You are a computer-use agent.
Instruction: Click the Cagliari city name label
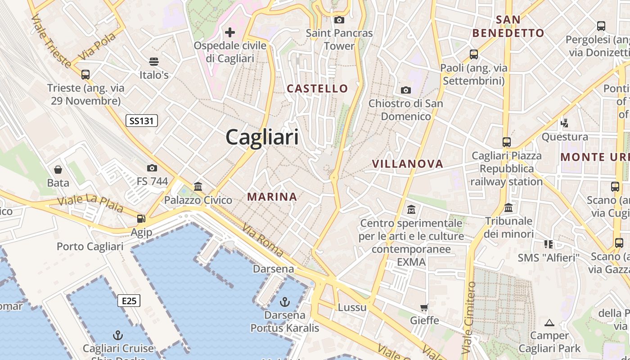click(262, 137)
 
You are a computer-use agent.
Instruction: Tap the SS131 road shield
click(141, 121)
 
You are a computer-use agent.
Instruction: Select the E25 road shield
click(129, 301)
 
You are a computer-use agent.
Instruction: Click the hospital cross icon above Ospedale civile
click(230, 32)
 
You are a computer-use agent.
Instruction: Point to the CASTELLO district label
click(317, 89)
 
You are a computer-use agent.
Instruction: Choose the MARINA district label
click(272, 197)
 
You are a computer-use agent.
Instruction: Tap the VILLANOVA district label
click(407, 164)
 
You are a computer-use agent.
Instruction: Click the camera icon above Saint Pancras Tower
click(339, 20)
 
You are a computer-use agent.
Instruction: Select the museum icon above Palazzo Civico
click(198, 186)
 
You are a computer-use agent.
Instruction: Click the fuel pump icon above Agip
click(141, 219)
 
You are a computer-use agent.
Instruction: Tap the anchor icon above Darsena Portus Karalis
click(284, 301)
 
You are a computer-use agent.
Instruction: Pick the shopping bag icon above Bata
click(58, 170)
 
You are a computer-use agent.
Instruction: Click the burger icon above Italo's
click(154, 61)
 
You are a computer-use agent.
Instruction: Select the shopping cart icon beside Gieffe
click(424, 308)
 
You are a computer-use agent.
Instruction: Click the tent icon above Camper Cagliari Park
click(549, 323)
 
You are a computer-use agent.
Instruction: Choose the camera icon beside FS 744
click(152, 168)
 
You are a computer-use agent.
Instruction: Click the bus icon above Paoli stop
click(473, 54)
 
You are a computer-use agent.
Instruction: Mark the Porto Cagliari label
click(90, 247)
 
